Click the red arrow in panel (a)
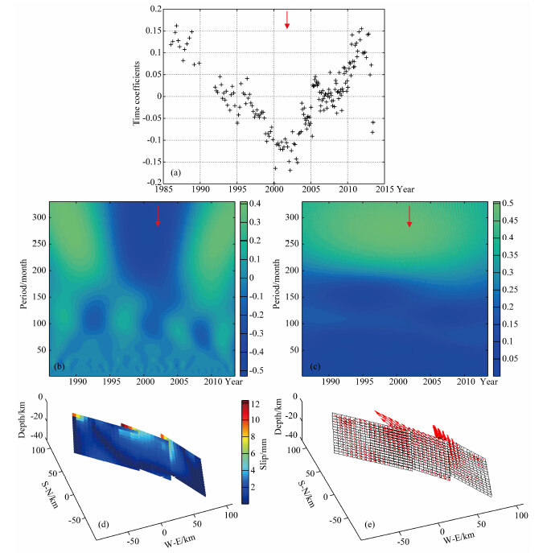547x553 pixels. tap(287, 21)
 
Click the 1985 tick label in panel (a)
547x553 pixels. tap(163, 190)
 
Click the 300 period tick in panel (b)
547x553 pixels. tap(39, 217)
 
